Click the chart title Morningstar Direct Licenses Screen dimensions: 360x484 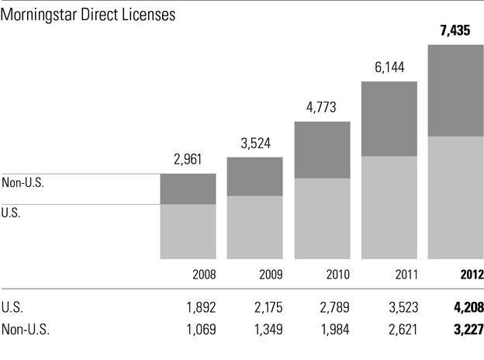89,16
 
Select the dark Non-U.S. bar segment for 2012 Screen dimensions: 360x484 456,91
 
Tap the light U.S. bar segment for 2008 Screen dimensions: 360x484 188,231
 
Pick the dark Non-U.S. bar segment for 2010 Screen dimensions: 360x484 322,150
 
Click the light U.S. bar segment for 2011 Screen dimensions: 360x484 389,207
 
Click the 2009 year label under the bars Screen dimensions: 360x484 270,275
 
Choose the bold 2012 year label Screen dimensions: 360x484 471,275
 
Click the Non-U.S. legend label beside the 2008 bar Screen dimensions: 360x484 24,183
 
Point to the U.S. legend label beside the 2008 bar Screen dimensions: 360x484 11,212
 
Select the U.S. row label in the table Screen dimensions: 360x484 12,306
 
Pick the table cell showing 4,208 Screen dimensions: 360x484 468,306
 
